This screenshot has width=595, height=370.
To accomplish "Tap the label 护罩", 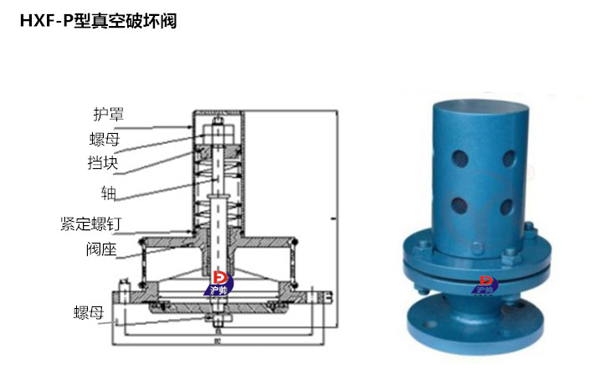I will tap(109, 114).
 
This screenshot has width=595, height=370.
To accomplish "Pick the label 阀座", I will tap(102, 249).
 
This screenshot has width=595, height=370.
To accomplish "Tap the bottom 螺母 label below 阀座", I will tap(88, 313).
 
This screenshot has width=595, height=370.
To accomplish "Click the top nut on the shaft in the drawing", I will tap(217, 129).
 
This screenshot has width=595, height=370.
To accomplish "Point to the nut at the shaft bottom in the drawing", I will tap(217, 321).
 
